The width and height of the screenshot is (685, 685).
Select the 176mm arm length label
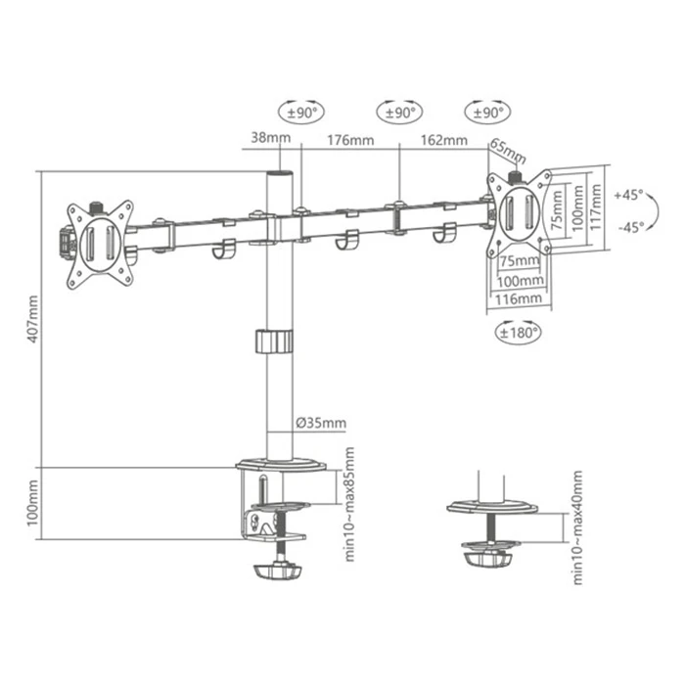[x=349, y=140]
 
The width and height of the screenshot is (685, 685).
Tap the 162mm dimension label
[x=444, y=140]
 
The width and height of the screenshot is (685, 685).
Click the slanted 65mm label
[x=508, y=153]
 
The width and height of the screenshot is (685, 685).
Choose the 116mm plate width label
[x=517, y=298]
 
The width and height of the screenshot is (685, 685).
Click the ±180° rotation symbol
[x=516, y=332]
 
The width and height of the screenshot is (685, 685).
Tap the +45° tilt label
[x=628, y=195]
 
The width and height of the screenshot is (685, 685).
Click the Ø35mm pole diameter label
[x=320, y=424]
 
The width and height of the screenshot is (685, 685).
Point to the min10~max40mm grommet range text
[x=577, y=528]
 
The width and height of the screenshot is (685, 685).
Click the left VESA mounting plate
[x=99, y=244]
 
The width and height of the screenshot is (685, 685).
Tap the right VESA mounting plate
[x=520, y=214]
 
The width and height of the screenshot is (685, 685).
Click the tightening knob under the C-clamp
[x=281, y=570]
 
